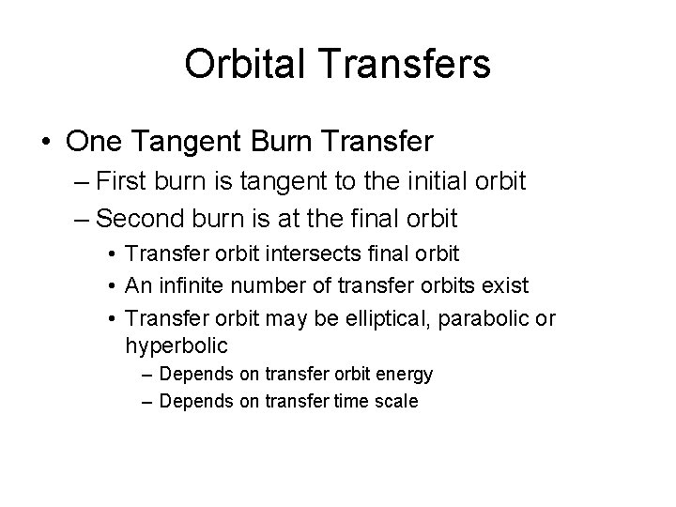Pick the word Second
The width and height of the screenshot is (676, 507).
(x=142, y=218)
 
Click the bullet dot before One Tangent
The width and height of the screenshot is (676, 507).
(x=45, y=143)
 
